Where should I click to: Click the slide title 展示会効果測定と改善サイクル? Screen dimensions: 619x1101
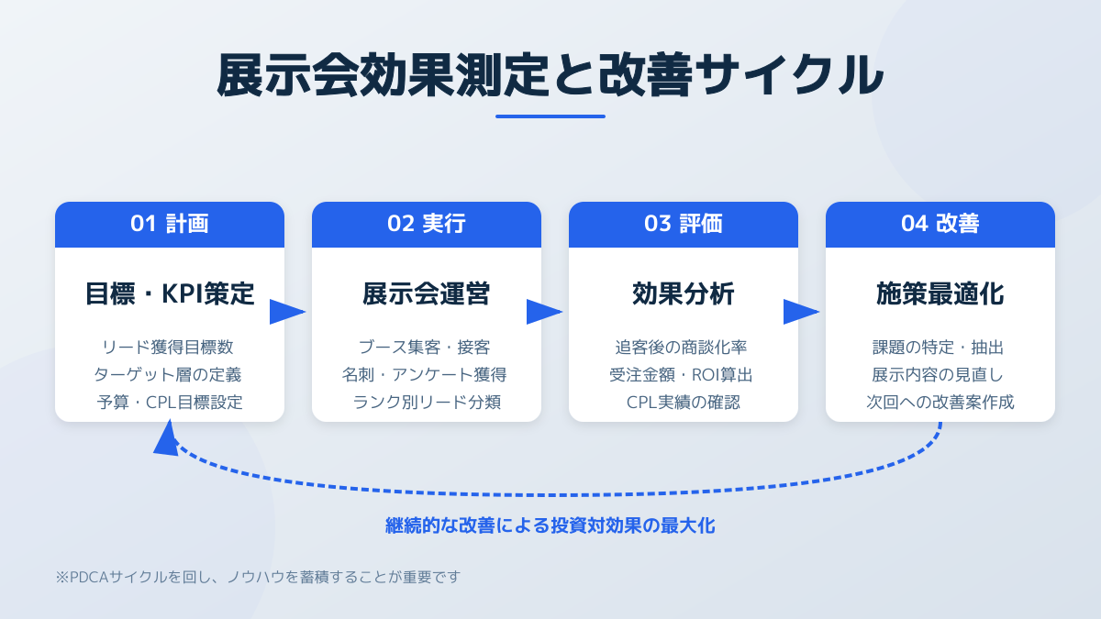(550, 75)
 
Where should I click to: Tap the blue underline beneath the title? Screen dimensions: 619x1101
(550, 116)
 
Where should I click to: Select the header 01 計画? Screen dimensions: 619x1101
(170, 225)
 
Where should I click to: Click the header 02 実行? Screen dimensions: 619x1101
(427, 225)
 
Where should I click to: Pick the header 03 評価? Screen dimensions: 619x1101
(684, 225)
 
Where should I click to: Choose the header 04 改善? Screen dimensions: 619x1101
(940, 225)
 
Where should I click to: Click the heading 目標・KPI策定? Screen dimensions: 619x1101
(170, 294)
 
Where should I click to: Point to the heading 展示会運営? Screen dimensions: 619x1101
(427, 294)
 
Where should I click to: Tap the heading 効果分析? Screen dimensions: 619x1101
(684, 294)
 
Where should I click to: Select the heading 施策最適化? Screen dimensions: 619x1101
(940, 294)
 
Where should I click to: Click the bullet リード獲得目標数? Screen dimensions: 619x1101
(170, 348)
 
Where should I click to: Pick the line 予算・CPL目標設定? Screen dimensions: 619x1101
(170, 402)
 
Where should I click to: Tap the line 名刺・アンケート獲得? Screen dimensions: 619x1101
(427, 374)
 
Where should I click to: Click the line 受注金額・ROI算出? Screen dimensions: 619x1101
(684, 374)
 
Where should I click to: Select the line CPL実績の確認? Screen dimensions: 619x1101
(684, 402)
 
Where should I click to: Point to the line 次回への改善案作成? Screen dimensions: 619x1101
(940, 402)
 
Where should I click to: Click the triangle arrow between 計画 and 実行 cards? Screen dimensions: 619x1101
(286, 312)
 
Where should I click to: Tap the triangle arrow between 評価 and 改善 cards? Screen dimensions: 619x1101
(800, 312)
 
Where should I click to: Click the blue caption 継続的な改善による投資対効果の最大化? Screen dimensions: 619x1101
(550, 526)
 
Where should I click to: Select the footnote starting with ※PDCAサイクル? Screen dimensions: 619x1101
(258, 577)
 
